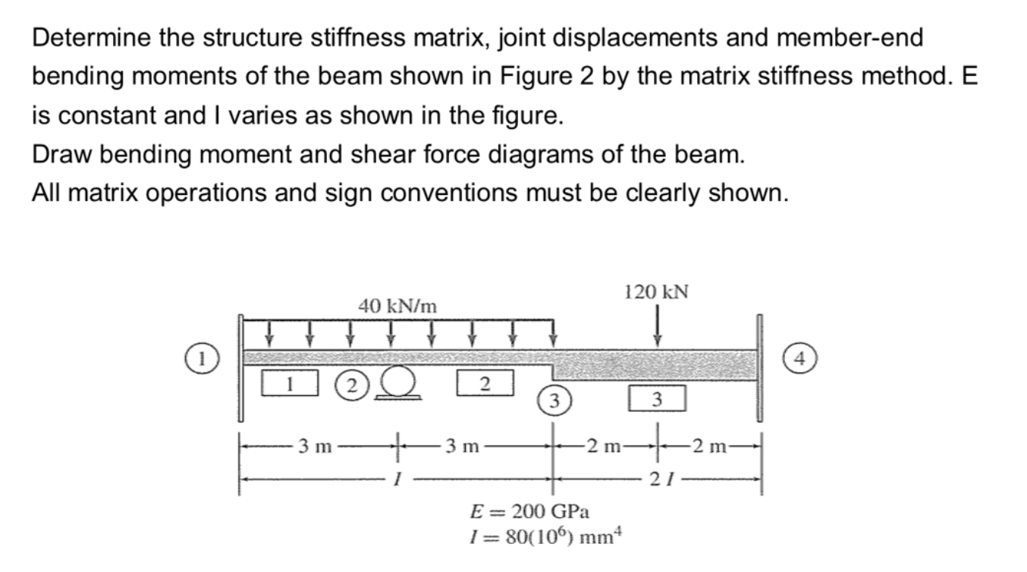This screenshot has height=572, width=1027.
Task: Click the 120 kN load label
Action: tap(655, 292)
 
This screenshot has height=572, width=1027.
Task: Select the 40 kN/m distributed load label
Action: tap(397, 306)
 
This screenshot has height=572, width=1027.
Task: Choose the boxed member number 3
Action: tap(657, 398)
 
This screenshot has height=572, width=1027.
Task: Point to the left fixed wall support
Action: tap(241, 368)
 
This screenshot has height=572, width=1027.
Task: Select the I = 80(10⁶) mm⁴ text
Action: tap(545, 537)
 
